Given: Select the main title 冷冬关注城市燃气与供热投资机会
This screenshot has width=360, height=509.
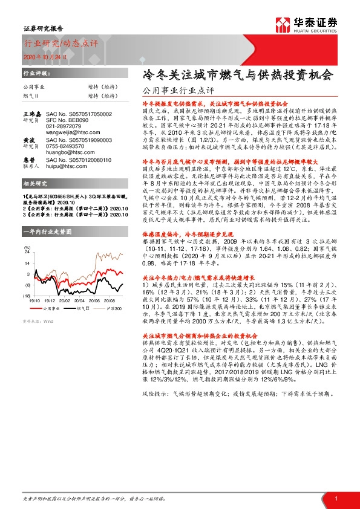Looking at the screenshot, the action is [x=237, y=75].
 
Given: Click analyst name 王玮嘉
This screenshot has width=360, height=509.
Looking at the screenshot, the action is [x=31, y=113].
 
